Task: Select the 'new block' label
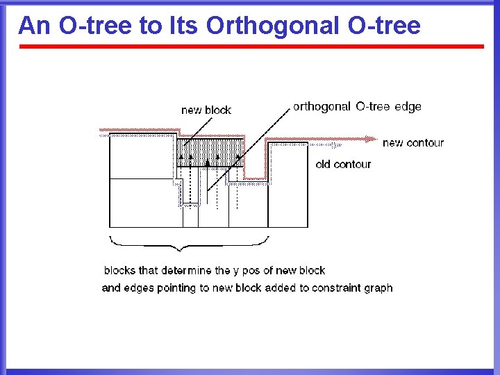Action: point(206,110)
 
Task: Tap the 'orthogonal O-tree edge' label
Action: point(357,106)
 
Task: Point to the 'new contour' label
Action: point(412,142)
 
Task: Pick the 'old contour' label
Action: point(343,165)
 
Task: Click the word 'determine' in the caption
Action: point(174,270)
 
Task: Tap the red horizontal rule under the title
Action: point(250,47)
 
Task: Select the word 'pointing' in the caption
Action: point(174,288)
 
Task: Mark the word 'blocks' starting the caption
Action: point(119,270)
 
